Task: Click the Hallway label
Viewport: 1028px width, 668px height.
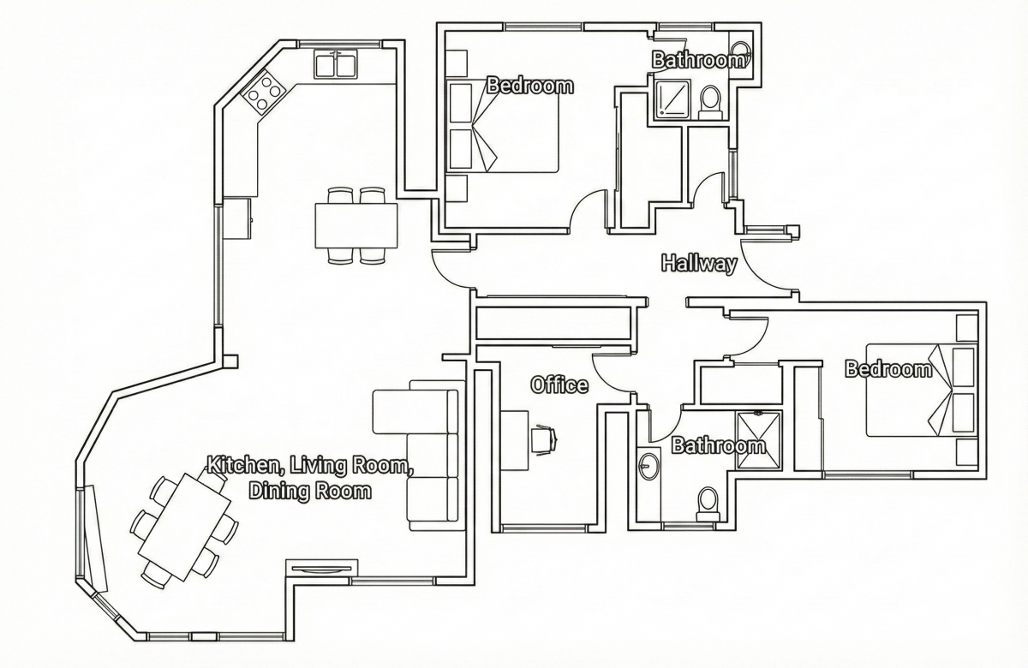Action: tap(699, 264)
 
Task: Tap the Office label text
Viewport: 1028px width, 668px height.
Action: tap(559, 385)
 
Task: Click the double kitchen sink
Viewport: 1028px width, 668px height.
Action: tap(337, 64)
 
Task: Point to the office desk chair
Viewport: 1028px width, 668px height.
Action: tap(544, 439)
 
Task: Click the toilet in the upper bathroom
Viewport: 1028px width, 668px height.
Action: tap(710, 102)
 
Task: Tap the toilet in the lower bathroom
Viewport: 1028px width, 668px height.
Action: tap(708, 504)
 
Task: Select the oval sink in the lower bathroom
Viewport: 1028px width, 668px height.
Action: tap(648, 466)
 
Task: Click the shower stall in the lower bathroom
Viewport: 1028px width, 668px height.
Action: tap(758, 440)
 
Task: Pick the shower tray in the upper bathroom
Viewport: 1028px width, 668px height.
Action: tap(672, 98)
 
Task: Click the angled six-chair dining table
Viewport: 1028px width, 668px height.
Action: tap(184, 528)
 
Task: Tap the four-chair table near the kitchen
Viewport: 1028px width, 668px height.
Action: tap(356, 225)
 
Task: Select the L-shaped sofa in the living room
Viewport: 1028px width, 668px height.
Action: tap(415, 456)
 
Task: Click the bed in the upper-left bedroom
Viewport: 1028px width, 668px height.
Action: tap(503, 127)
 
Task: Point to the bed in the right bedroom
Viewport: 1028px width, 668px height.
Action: tap(921, 391)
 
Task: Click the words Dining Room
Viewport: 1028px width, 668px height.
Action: tap(310, 491)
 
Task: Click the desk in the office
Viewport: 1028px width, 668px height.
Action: tap(514, 440)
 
